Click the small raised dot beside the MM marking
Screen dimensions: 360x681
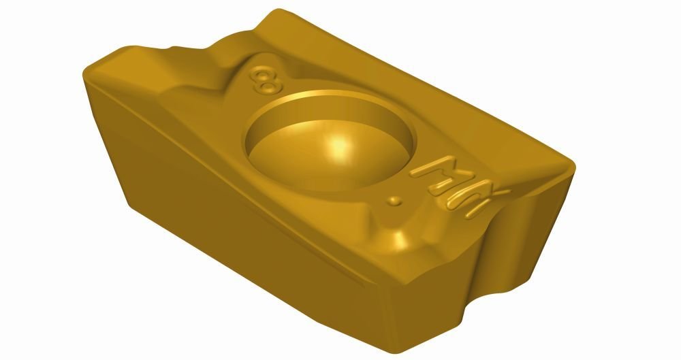coord(393,201)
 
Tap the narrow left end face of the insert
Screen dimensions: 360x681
coord(106,136)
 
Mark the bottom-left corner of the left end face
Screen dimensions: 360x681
coord(129,203)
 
